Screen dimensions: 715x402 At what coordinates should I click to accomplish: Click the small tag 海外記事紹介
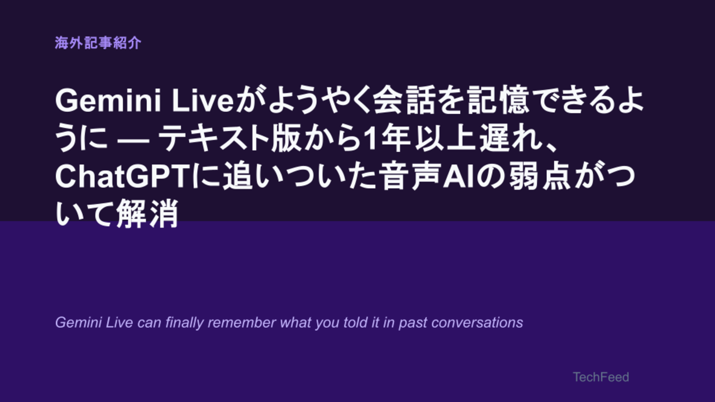click(x=98, y=43)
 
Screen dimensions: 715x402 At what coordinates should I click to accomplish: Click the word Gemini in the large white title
click(x=108, y=101)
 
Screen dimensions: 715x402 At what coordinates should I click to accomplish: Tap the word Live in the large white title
click(x=204, y=101)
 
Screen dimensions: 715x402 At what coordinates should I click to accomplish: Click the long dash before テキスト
click(x=134, y=140)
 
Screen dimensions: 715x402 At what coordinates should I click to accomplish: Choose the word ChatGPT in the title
click(x=122, y=176)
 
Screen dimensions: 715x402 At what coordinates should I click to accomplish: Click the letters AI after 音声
click(x=459, y=176)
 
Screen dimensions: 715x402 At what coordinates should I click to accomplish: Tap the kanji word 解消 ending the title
click(x=147, y=213)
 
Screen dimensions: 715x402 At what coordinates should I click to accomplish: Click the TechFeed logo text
click(x=601, y=377)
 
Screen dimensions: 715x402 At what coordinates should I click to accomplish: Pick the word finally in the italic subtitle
click(x=184, y=323)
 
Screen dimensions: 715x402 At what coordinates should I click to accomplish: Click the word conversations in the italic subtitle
click(x=477, y=322)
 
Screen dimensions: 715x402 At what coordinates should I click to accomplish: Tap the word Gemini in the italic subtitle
click(x=79, y=322)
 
